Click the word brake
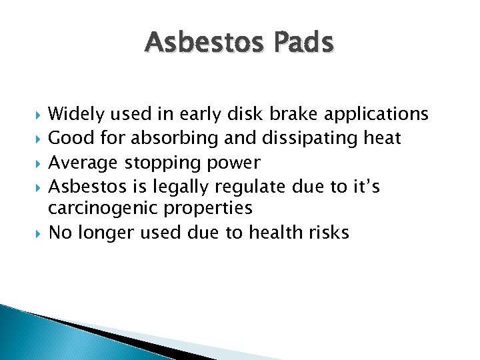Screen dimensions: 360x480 pos(293,115)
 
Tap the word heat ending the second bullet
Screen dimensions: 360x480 pos(380,139)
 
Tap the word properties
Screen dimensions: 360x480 pos(209,209)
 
